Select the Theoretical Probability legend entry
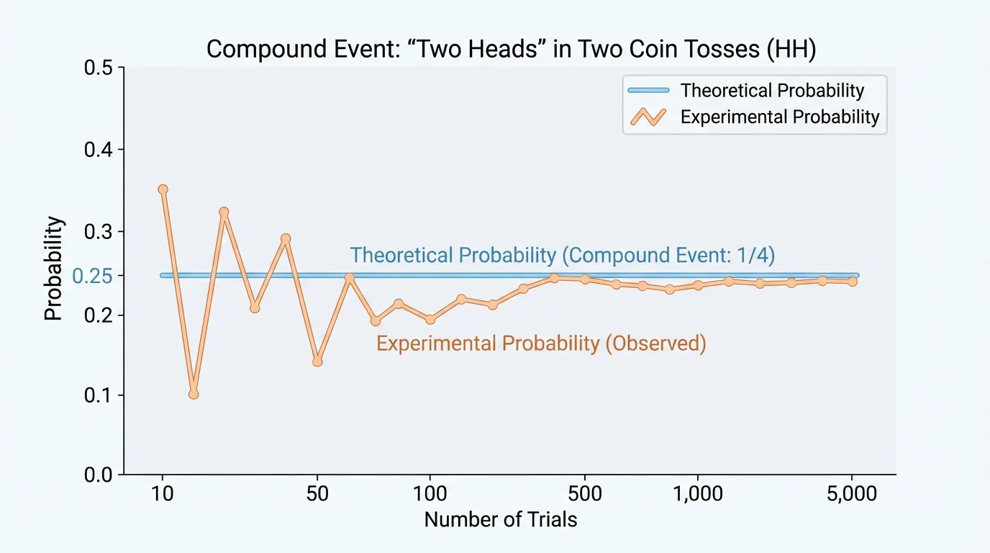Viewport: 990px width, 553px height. point(771,91)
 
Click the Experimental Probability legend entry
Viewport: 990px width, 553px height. point(779,117)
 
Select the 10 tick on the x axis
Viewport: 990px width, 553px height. point(163,494)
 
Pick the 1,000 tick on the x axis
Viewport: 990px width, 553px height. point(697,494)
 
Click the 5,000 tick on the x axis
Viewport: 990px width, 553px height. point(852,494)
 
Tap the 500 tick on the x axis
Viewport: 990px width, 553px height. point(584,494)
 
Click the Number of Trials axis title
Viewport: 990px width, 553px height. point(501,519)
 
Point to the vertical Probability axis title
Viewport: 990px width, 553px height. point(55,269)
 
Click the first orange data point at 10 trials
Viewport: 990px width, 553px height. point(163,189)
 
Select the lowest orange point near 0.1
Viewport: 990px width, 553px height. point(193,394)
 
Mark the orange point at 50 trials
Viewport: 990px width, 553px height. point(317,361)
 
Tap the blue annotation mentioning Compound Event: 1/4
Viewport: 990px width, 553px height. point(562,256)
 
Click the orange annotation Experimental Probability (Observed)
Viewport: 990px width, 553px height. point(541,343)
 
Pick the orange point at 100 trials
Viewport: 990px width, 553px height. point(430,320)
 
